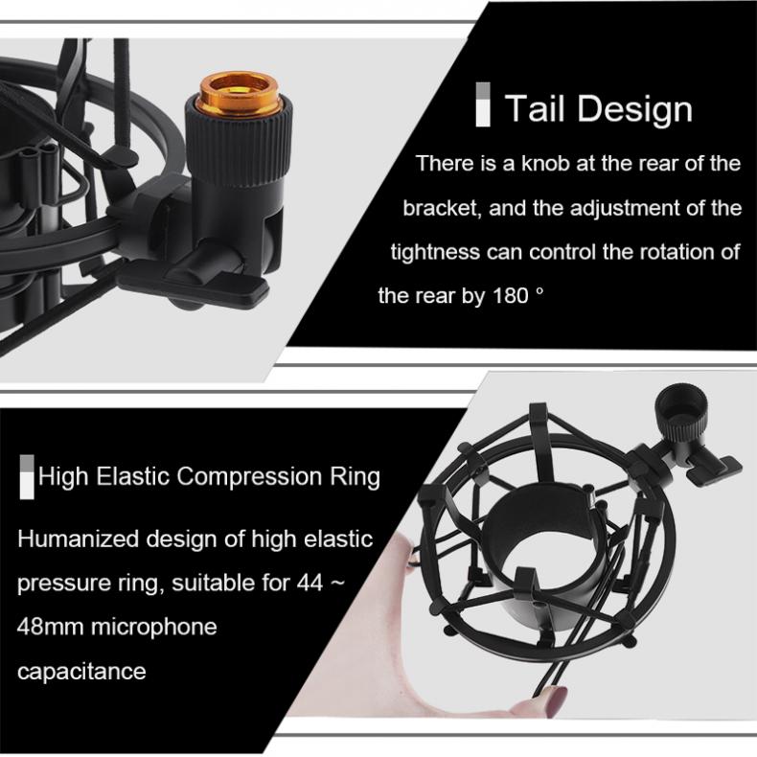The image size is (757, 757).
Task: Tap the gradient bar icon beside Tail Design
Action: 483,106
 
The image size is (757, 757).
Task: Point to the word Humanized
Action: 79,539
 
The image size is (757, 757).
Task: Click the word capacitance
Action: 81,671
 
